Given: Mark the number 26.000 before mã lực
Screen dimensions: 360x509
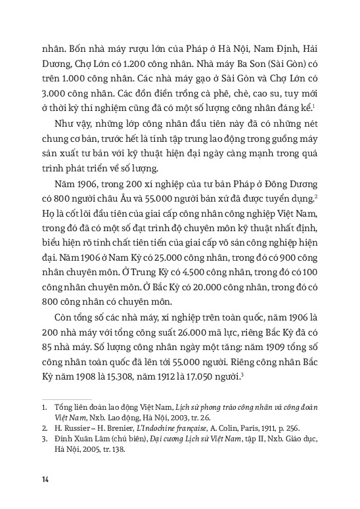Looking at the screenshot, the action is pyautogui.click(x=202, y=352).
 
